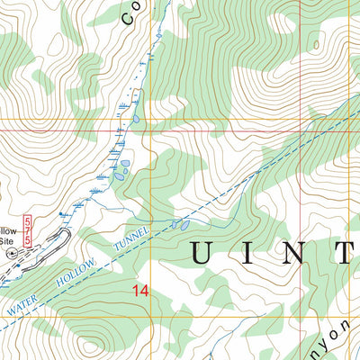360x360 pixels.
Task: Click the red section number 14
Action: (x=138, y=291)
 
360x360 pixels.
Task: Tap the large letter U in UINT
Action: (x=202, y=254)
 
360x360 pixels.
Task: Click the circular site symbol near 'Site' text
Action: (x=12, y=253)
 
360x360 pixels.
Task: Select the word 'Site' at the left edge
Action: (x=6, y=241)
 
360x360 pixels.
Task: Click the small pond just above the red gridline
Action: (x=135, y=118)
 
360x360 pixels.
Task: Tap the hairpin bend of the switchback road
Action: (x=66, y=234)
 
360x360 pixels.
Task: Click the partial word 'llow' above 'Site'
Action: (x=7, y=229)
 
